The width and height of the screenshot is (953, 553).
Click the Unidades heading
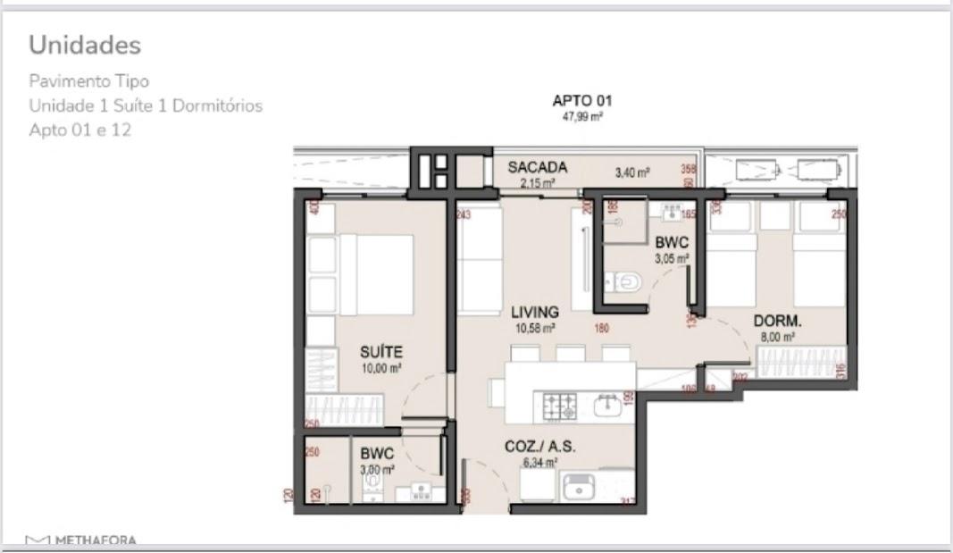pyautogui.click(x=85, y=45)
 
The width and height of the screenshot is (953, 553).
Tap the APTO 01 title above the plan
pyautogui.click(x=582, y=101)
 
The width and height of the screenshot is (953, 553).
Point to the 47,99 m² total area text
pyautogui.click(x=582, y=116)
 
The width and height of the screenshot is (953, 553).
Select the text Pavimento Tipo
pyautogui.click(x=88, y=81)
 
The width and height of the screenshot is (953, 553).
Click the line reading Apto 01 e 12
pyautogui.click(x=80, y=130)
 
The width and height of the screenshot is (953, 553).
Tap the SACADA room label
pyautogui.click(x=537, y=167)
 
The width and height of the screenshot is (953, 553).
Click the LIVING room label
pyautogui.click(x=535, y=312)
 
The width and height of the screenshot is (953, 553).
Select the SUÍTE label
pyautogui.click(x=380, y=352)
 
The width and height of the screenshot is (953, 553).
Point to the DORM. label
pyautogui.click(x=777, y=321)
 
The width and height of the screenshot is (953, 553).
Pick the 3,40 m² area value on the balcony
pyautogui.click(x=631, y=172)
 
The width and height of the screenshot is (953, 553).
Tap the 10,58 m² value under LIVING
pyautogui.click(x=534, y=327)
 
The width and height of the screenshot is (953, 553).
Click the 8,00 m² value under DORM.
pyautogui.click(x=778, y=337)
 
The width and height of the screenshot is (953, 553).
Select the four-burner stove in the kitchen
pyautogui.click(x=561, y=406)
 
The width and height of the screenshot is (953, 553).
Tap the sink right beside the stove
pyautogui.click(x=607, y=406)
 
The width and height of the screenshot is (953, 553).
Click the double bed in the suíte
pyautogui.click(x=375, y=274)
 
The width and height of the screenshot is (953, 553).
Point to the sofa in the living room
pyautogui.click(x=479, y=259)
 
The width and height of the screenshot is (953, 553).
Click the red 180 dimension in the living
pyautogui.click(x=601, y=328)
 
